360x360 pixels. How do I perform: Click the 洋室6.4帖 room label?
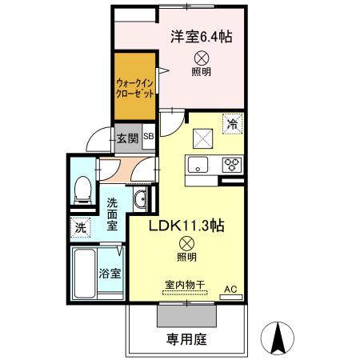(200, 36)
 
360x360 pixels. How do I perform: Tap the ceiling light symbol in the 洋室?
(202, 57)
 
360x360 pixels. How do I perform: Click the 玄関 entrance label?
(127, 138)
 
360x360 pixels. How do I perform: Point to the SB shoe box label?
(149, 137)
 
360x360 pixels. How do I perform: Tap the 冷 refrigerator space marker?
(232, 124)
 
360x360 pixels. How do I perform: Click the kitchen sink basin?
(198, 166)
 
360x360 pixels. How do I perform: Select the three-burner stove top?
(231, 166)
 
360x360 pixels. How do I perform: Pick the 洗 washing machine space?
(80, 227)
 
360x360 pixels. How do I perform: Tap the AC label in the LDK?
(230, 289)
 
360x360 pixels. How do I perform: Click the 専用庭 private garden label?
(186, 338)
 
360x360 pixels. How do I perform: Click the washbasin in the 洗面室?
(140, 200)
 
